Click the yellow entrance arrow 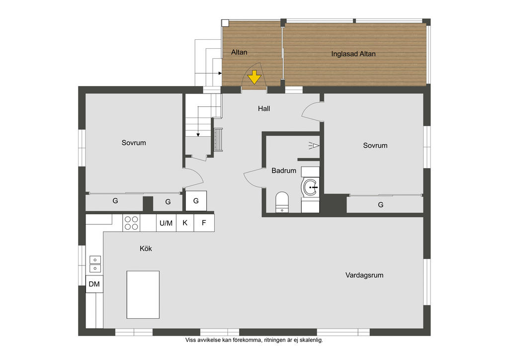coord(254,77)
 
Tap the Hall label coord(264,109)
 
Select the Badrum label coord(284,171)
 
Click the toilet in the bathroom coord(282,202)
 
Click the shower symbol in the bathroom coord(314,145)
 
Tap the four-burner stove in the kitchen coord(131,223)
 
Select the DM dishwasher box coord(94,284)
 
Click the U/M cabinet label coord(166,223)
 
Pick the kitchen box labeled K coord(185,223)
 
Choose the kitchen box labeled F coord(204,223)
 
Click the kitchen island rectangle coord(143,295)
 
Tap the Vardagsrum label coord(364,275)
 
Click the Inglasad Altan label coord(353,54)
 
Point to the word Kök coord(146,249)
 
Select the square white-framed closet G coord(196,201)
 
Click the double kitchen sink coord(95,264)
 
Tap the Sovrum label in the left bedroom coord(134,143)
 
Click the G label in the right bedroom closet coord(381,205)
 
